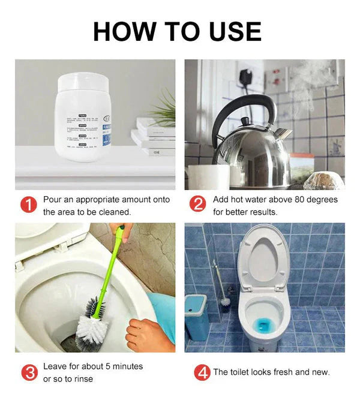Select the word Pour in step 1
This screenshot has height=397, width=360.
tap(53, 200)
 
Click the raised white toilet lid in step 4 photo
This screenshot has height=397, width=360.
tap(263, 258)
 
